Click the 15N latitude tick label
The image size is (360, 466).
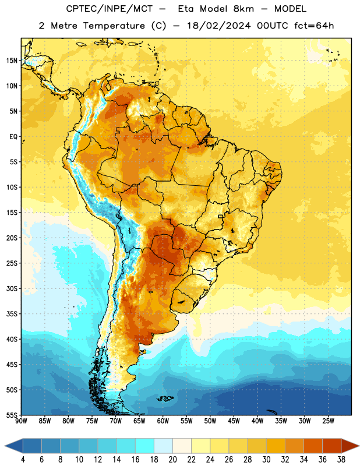click(x=12, y=61)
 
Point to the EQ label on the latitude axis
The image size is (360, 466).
click(x=13, y=137)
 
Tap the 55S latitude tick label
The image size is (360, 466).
click(x=12, y=415)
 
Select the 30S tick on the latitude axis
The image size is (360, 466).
click(x=12, y=288)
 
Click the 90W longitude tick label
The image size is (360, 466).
click(x=21, y=421)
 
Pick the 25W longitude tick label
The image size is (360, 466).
click(x=328, y=421)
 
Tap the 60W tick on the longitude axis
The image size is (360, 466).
click(x=163, y=421)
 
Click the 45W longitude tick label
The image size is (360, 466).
click(x=234, y=421)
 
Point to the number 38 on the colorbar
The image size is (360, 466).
click(x=341, y=460)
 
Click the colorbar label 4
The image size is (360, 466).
click(x=23, y=460)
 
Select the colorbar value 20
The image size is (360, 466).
click(x=172, y=460)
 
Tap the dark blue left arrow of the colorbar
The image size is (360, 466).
click(x=13, y=446)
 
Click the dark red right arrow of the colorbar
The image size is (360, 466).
click(x=350, y=446)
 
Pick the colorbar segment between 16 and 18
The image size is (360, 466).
click(x=144, y=446)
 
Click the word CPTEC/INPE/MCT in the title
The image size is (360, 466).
click(x=109, y=9)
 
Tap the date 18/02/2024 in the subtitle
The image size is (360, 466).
click(x=219, y=26)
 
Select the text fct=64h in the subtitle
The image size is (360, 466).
click(x=314, y=26)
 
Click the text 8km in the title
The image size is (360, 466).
click(x=243, y=9)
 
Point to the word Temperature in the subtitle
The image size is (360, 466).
click(x=114, y=26)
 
